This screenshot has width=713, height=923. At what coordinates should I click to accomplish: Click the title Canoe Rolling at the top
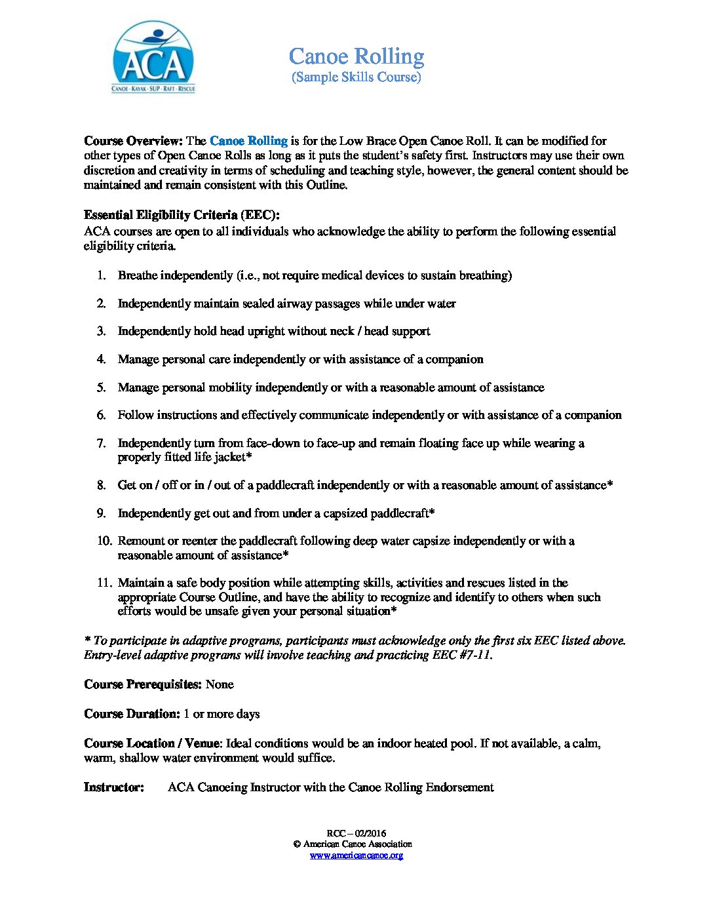pyautogui.click(x=356, y=56)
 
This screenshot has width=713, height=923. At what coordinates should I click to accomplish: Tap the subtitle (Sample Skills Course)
pyautogui.click(x=356, y=77)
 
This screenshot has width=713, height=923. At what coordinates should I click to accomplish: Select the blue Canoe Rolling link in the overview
pyautogui.click(x=248, y=141)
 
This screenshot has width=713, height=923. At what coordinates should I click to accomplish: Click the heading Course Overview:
pyautogui.click(x=133, y=141)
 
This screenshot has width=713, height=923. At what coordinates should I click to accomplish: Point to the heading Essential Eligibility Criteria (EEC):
pyautogui.click(x=182, y=215)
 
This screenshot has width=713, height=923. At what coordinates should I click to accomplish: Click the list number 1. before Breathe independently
pyautogui.click(x=102, y=275)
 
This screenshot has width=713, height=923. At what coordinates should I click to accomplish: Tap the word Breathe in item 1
pyautogui.click(x=138, y=275)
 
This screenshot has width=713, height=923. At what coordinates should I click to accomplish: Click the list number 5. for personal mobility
pyautogui.click(x=102, y=387)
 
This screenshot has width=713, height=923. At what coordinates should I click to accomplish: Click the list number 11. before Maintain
pyautogui.click(x=105, y=583)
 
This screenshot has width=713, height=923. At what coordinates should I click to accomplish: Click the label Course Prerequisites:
pyautogui.click(x=143, y=684)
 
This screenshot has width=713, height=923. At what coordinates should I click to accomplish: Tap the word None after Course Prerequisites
pyautogui.click(x=220, y=684)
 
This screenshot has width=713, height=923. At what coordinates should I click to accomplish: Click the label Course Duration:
pyautogui.click(x=132, y=714)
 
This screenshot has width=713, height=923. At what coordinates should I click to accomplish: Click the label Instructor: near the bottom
pyautogui.click(x=114, y=787)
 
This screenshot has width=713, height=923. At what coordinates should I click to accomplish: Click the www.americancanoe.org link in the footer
pyautogui.click(x=356, y=855)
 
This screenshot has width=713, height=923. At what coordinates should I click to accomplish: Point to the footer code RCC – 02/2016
pyautogui.click(x=356, y=833)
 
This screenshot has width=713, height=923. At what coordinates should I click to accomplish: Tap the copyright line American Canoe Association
pyautogui.click(x=357, y=844)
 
